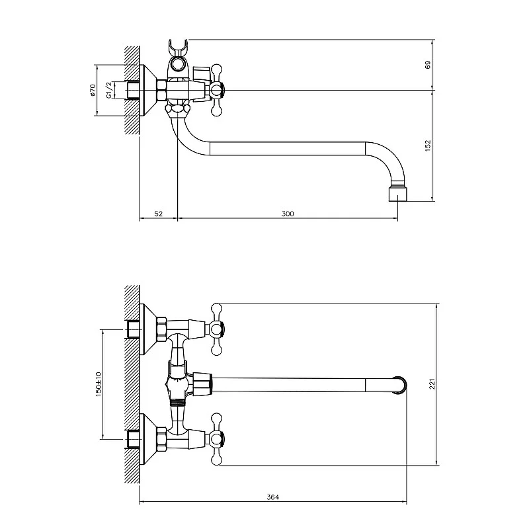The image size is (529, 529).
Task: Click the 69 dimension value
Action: coord(428,65)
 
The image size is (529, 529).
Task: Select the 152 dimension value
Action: coord(428,145)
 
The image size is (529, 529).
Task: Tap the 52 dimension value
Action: coord(158,214)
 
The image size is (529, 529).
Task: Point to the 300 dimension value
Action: coord(288,214)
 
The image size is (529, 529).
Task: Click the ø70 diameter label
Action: coord(93,90)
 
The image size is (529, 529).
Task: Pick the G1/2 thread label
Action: coord(108,90)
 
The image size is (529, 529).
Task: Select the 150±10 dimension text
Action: coord(98,384)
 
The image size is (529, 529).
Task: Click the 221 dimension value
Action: coord(432,384)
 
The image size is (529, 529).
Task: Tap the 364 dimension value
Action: coord(272,497)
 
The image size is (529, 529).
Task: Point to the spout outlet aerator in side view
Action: coord(398,194)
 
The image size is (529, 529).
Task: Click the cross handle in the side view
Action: coord(216,90)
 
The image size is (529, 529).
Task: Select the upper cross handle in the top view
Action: coord(216,329)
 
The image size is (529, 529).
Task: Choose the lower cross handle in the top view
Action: coord(216,439)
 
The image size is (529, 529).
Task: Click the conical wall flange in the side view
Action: coord(147,90)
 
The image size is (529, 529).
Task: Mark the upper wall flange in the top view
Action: coord(147,329)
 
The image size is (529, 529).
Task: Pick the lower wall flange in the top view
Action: coord(147,439)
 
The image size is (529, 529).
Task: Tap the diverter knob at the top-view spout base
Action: coord(202,384)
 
